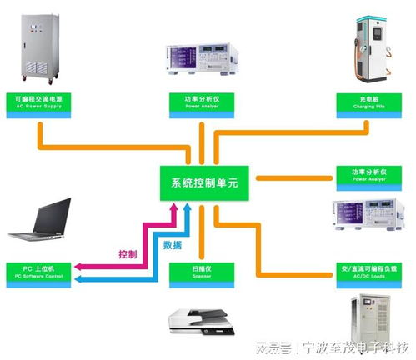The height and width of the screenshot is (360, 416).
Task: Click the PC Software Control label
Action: tap(38, 271)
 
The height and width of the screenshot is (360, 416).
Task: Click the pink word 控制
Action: tap(128, 253)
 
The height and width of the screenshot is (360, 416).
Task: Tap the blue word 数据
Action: tap(173, 245)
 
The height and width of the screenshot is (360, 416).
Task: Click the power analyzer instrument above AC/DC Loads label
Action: tap(368, 217)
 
